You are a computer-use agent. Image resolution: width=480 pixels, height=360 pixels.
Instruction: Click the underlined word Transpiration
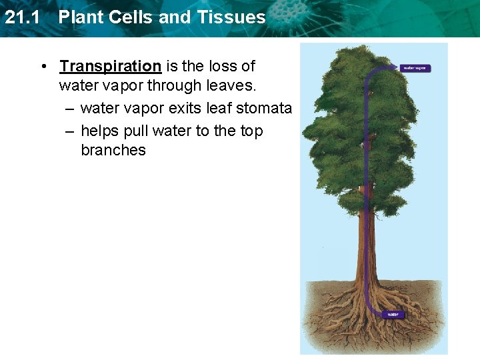[110, 67]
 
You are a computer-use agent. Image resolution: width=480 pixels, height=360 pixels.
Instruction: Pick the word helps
[100, 131]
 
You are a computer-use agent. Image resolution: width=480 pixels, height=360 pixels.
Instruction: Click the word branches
[113, 151]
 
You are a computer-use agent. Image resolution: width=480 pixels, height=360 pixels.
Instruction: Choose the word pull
[137, 131]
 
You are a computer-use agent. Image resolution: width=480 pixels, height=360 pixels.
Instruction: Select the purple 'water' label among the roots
[393, 314]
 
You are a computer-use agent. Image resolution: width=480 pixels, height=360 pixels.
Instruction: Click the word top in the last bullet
[251, 131]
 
